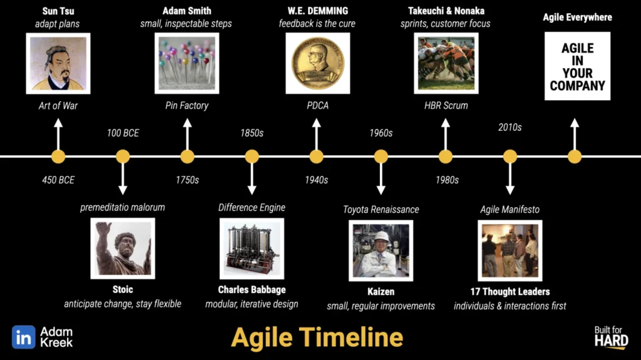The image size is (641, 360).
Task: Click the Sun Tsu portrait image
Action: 58,63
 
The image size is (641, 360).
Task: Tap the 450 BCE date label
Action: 58,180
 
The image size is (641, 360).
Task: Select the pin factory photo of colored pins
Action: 187,63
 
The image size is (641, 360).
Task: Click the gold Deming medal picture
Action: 317,63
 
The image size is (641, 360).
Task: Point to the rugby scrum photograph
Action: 446,63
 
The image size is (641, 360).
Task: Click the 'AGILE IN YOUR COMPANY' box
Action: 577,66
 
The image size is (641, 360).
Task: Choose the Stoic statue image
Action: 123,249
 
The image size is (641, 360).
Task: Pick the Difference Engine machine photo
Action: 252,249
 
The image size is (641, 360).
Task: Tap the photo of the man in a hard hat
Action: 381,251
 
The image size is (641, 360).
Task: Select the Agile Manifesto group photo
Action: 510,251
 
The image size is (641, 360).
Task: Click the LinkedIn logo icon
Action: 24,337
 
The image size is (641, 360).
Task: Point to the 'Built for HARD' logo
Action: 611,337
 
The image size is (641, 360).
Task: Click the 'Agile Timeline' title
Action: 317,337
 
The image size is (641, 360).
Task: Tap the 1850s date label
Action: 252,133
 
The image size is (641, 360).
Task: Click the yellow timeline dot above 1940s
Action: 316,157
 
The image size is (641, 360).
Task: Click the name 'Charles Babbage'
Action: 252,290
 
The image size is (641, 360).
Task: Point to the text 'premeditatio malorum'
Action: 123,207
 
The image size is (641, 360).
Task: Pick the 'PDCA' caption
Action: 317,106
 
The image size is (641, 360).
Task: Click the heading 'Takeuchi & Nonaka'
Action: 446,11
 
